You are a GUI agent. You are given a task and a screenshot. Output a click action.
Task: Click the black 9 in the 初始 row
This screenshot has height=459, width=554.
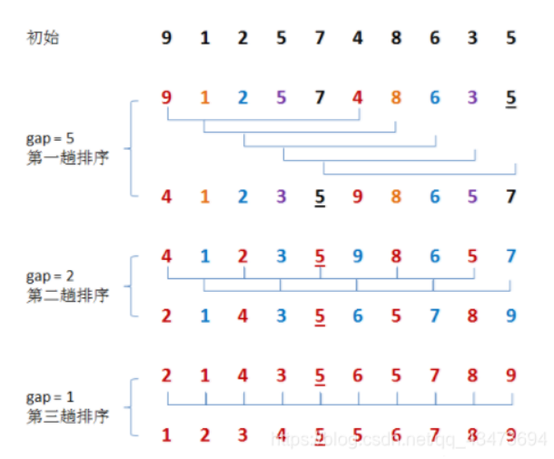point(166,38)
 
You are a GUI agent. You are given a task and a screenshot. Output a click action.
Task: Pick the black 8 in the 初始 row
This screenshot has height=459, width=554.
point(397,38)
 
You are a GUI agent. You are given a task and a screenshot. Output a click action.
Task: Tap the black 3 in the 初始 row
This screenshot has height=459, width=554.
point(474,38)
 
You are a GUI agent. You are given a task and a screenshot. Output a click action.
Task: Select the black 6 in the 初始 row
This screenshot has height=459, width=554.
point(435,38)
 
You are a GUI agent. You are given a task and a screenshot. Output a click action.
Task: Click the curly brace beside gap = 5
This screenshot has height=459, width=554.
point(133,146)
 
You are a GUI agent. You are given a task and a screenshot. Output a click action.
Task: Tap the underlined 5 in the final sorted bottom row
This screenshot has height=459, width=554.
point(321,434)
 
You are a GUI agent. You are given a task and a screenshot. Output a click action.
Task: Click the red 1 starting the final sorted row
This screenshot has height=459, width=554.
point(166,434)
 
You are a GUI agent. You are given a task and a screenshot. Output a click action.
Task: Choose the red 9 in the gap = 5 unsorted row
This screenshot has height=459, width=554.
point(166,95)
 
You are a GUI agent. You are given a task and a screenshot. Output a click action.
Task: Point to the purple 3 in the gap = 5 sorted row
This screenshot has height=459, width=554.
point(282,195)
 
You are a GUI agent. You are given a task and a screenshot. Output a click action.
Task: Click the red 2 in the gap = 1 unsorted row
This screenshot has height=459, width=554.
point(166,374)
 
